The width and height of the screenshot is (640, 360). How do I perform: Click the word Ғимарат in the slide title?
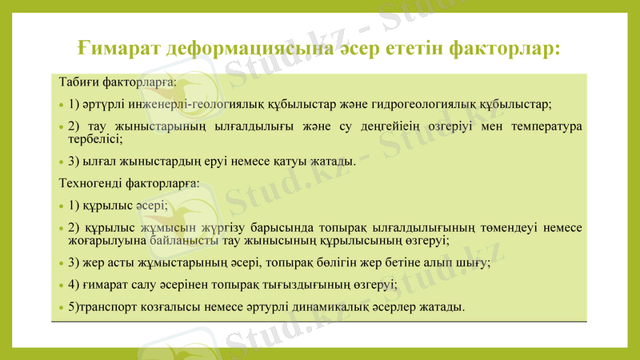tap(121, 47)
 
